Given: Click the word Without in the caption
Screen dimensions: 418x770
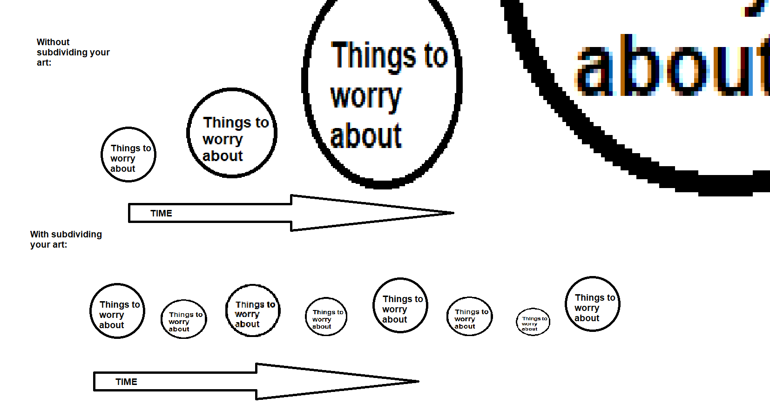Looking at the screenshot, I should pos(53,42).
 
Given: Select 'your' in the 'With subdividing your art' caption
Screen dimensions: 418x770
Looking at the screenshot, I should pos(39,245).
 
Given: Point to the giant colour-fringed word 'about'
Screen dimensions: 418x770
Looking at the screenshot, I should pos(670,67).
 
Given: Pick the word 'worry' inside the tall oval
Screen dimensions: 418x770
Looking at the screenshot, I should pos(365,97).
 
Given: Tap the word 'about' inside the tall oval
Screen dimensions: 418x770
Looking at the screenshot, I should pos(365,136).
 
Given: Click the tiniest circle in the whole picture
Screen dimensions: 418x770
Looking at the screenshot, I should pos(533,322).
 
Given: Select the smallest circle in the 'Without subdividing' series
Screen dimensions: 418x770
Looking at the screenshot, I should pos(128,155).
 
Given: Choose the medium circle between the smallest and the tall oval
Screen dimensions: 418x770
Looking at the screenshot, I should pos(232,133).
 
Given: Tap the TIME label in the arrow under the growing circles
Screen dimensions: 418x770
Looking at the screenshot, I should pos(161,213).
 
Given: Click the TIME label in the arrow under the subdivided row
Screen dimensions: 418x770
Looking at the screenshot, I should pos(126,382).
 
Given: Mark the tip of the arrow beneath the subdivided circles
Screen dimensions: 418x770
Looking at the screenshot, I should pos(417,381).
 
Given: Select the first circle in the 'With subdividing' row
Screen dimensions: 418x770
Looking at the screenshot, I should pos(117,311).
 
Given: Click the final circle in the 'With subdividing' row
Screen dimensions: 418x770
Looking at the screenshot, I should pos(593,304).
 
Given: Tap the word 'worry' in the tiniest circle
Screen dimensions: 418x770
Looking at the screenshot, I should pos(529,324).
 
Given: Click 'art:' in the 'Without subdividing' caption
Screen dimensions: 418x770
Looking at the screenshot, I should pos(44,63).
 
